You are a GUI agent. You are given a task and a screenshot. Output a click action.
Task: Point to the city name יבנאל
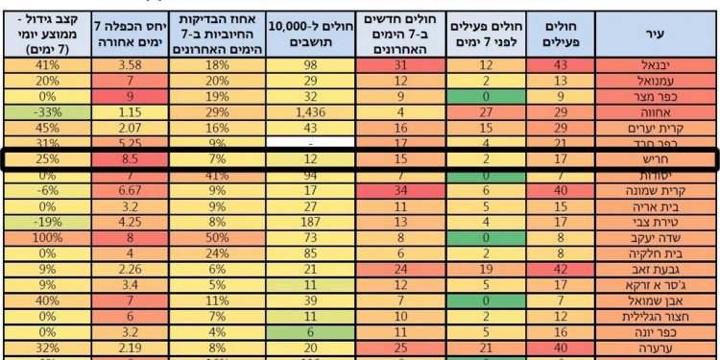pos(657,64)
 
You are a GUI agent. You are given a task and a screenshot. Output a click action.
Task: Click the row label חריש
pos(657,158)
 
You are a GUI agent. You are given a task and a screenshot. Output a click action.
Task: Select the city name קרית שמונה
pos(657,190)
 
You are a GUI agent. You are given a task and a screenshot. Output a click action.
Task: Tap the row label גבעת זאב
pos(657,270)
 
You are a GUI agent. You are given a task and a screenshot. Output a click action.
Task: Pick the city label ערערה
pos(657,348)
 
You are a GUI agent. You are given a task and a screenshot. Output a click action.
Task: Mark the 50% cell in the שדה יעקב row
pos(216,237)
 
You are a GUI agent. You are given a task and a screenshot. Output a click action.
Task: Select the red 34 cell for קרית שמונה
pos(402,190)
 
